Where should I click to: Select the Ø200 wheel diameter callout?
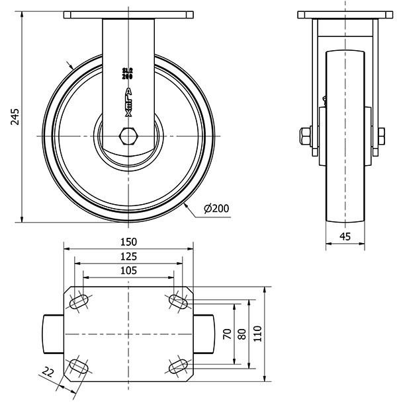[x=216, y=208]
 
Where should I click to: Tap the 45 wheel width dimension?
[x=345, y=236]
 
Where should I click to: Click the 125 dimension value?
[x=128, y=256]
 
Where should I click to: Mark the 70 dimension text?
[x=228, y=334]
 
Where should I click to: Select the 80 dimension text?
[x=242, y=334]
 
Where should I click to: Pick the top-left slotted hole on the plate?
[x=79, y=301]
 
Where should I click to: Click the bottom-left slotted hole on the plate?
[x=79, y=367]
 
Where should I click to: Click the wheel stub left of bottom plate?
[x=53, y=334]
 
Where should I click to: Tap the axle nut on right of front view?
[x=382, y=136]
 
